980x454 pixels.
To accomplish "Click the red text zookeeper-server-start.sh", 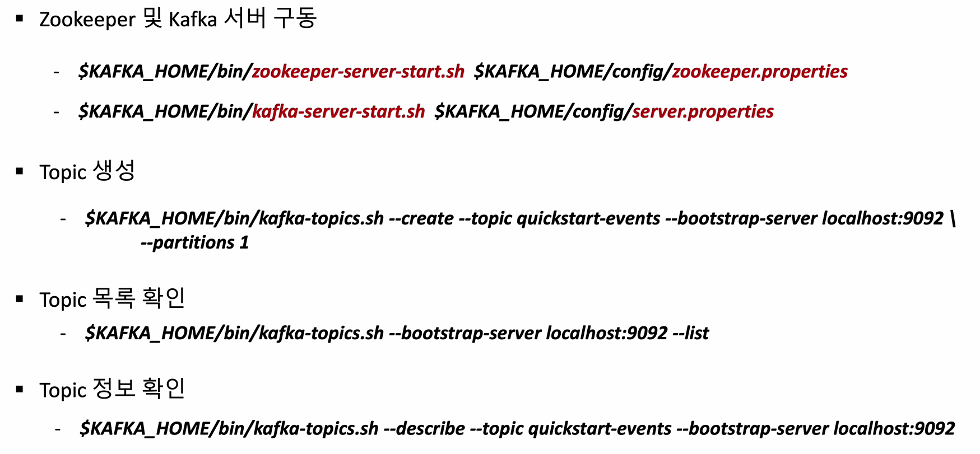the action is pyautogui.click(x=357, y=72).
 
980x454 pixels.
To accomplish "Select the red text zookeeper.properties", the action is pyautogui.click(x=759, y=72).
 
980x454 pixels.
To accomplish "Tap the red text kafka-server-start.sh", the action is pyautogui.click(x=338, y=112).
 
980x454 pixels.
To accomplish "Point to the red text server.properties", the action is pyautogui.click(x=703, y=112).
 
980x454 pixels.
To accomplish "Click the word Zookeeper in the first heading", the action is pyautogui.click(x=87, y=20).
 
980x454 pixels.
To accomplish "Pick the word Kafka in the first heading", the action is pyautogui.click(x=193, y=20).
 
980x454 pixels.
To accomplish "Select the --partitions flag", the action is pyautogui.click(x=188, y=243).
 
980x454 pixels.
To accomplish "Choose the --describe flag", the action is pyautogui.click(x=424, y=429).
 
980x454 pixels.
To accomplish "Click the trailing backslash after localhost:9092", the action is pyautogui.click(x=953, y=218).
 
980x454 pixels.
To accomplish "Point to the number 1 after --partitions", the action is pyautogui.click(x=244, y=243).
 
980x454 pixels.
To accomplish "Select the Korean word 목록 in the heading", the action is pyautogui.click(x=114, y=298).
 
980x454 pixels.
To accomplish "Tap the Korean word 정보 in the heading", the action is pyautogui.click(x=114, y=389).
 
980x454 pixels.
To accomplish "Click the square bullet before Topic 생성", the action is pyautogui.click(x=20, y=172).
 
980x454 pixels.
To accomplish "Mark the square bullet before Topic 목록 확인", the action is pyautogui.click(x=20, y=299).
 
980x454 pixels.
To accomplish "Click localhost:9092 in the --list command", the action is pyautogui.click(x=607, y=334).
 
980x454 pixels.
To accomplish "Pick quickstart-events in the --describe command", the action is pyautogui.click(x=600, y=429).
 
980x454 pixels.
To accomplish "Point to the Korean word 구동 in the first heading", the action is pyautogui.click(x=295, y=19).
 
